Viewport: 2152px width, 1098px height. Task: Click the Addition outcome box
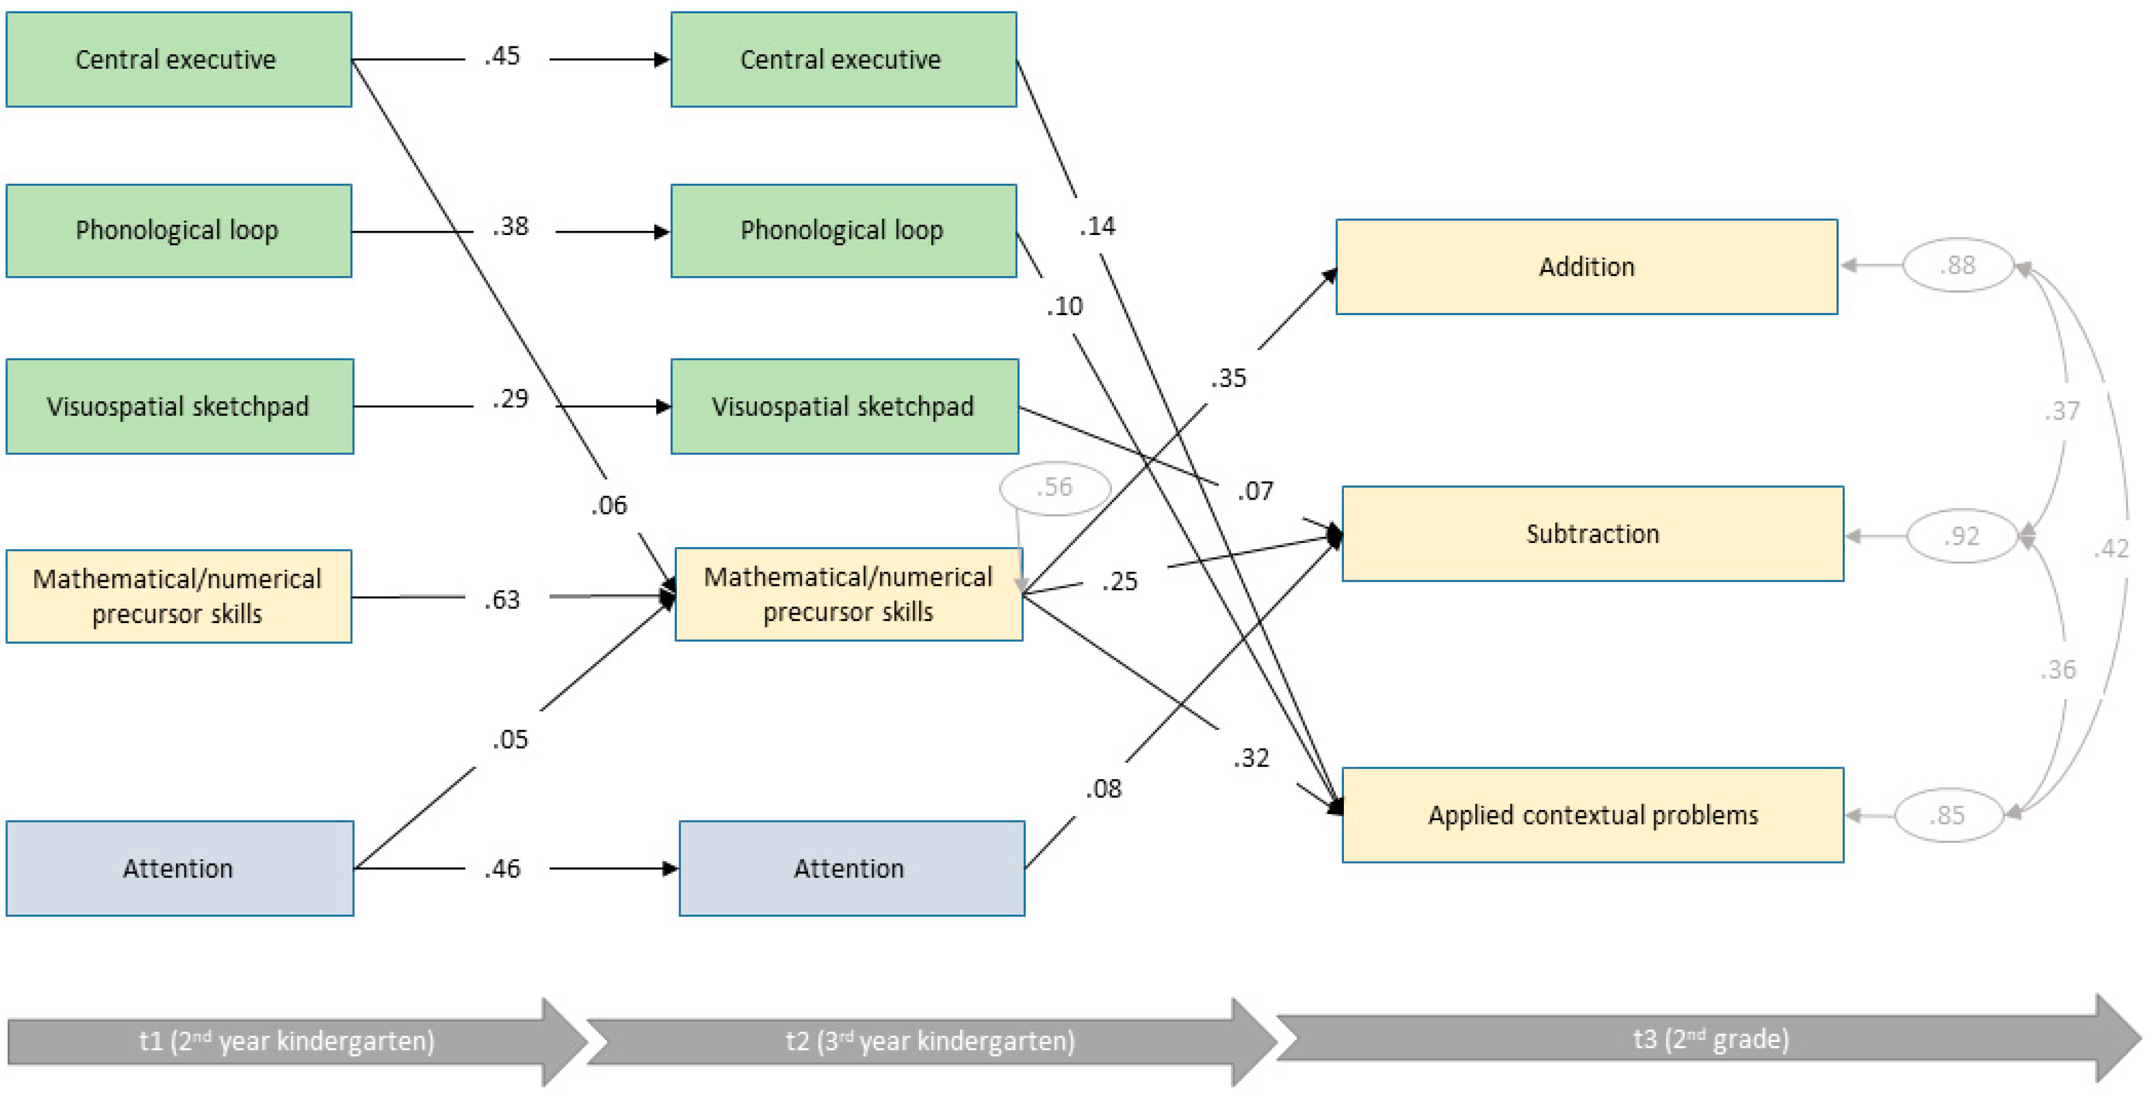(1587, 266)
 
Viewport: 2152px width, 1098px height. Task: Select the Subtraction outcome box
(1592, 533)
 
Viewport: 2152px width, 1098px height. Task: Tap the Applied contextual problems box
(1592, 815)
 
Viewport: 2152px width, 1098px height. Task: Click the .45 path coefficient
(502, 56)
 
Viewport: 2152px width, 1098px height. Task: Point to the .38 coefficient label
(510, 227)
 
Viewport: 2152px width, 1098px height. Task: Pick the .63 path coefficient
(502, 599)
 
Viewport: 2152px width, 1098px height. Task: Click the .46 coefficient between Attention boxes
(502, 868)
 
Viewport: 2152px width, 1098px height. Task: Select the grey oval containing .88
(1957, 265)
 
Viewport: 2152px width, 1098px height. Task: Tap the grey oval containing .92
(1962, 536)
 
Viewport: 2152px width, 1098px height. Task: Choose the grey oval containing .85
(1948, 815)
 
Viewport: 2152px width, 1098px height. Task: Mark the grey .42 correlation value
(2111, 549)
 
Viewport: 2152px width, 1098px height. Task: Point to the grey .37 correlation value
(2063, 410)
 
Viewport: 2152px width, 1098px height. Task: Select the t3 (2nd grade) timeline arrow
(1710, 1039)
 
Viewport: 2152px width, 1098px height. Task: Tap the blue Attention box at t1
(180, 868)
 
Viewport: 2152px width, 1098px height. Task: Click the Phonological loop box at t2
(844, 231)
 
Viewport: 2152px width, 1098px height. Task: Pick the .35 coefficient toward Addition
(1228, 378)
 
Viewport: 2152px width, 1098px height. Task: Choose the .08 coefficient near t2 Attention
(1103, 788)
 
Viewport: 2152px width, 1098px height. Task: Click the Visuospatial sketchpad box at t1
(180, 406)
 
